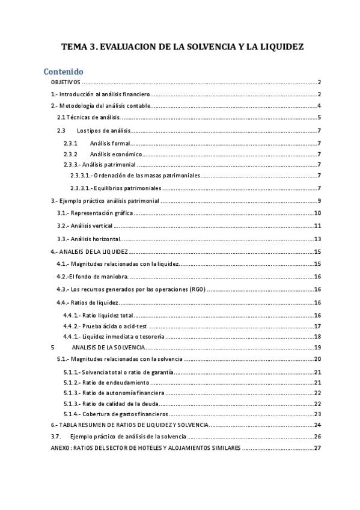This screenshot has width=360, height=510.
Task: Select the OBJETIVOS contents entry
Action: [66, 82]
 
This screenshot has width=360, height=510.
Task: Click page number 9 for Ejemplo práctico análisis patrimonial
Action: [320, 200]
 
